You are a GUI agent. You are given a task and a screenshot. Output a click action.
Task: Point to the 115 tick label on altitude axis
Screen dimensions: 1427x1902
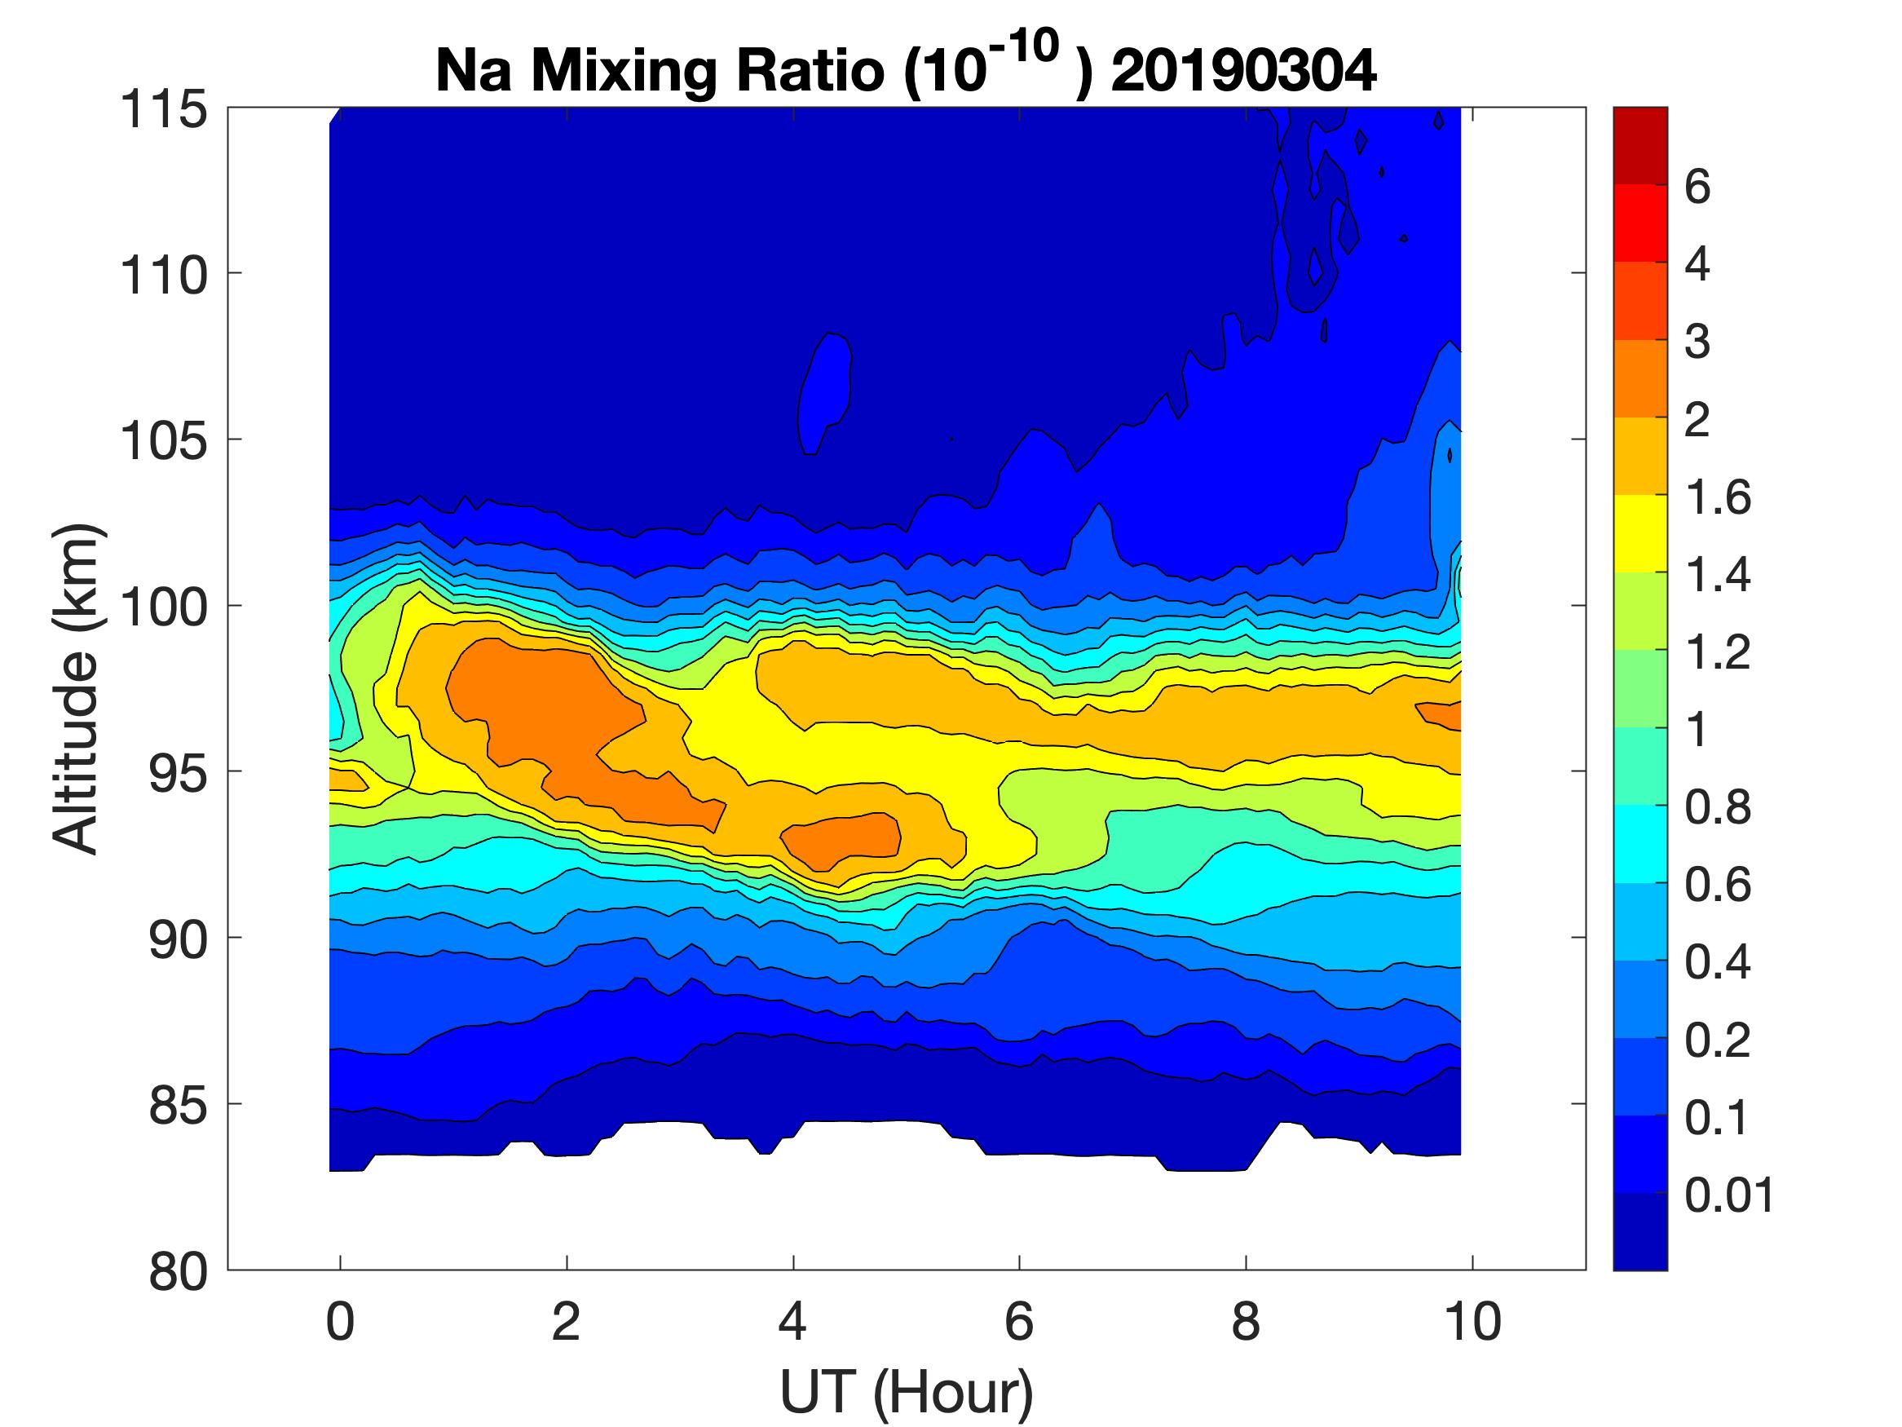(164, 110)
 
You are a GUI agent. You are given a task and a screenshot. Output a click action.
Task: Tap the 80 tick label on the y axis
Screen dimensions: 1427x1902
(178, 1271)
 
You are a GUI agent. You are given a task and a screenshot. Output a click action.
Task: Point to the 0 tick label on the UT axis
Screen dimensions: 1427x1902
(341, 1321)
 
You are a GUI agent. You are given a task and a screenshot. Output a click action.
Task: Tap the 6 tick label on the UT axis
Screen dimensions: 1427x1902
(1019, 1321)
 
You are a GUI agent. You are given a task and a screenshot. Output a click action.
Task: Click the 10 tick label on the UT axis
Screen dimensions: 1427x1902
(1472, 1321)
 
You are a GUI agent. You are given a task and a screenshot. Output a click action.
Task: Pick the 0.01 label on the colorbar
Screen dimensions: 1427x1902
(1729, 1195)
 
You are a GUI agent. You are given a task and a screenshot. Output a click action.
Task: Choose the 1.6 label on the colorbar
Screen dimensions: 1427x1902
(1717, 497)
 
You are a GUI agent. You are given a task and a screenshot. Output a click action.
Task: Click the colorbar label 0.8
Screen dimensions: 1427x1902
(1717, 808)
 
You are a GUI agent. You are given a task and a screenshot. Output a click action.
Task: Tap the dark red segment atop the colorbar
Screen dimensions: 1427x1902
(1639, 145)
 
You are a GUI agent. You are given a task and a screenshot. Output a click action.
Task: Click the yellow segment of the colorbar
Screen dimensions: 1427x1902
(1639, 533)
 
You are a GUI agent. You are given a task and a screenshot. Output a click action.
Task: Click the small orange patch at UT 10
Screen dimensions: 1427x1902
(1441, 714)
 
